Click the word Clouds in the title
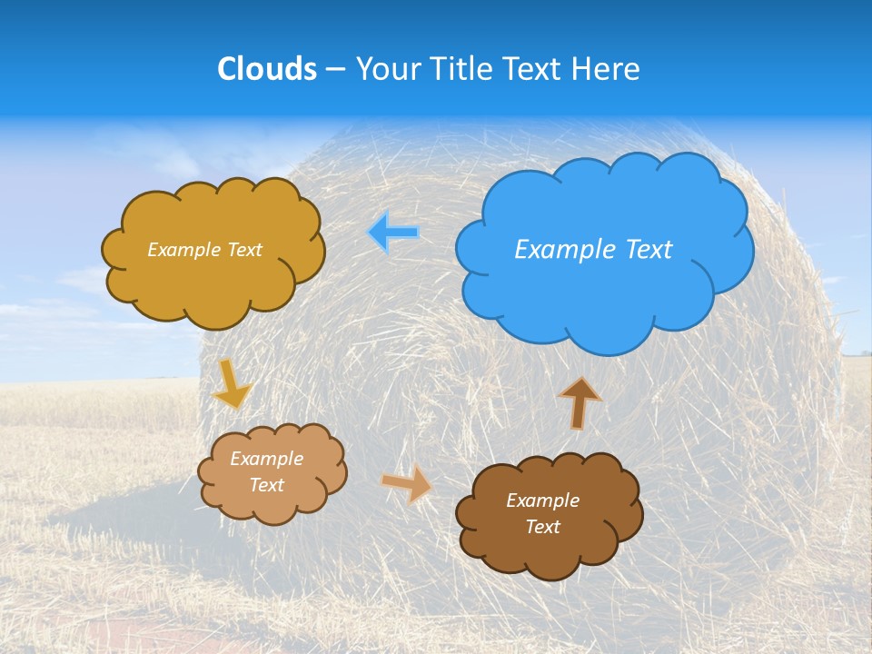tap(267, 69)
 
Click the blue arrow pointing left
tap(393, 233)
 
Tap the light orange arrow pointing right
tap(408, 482)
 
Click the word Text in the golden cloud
tap(244, 250)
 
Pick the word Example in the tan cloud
tap(266, 459)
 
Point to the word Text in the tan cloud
tap(266, 485)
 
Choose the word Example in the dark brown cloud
tap(542, 500)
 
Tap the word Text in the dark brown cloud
tap(542, 527)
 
